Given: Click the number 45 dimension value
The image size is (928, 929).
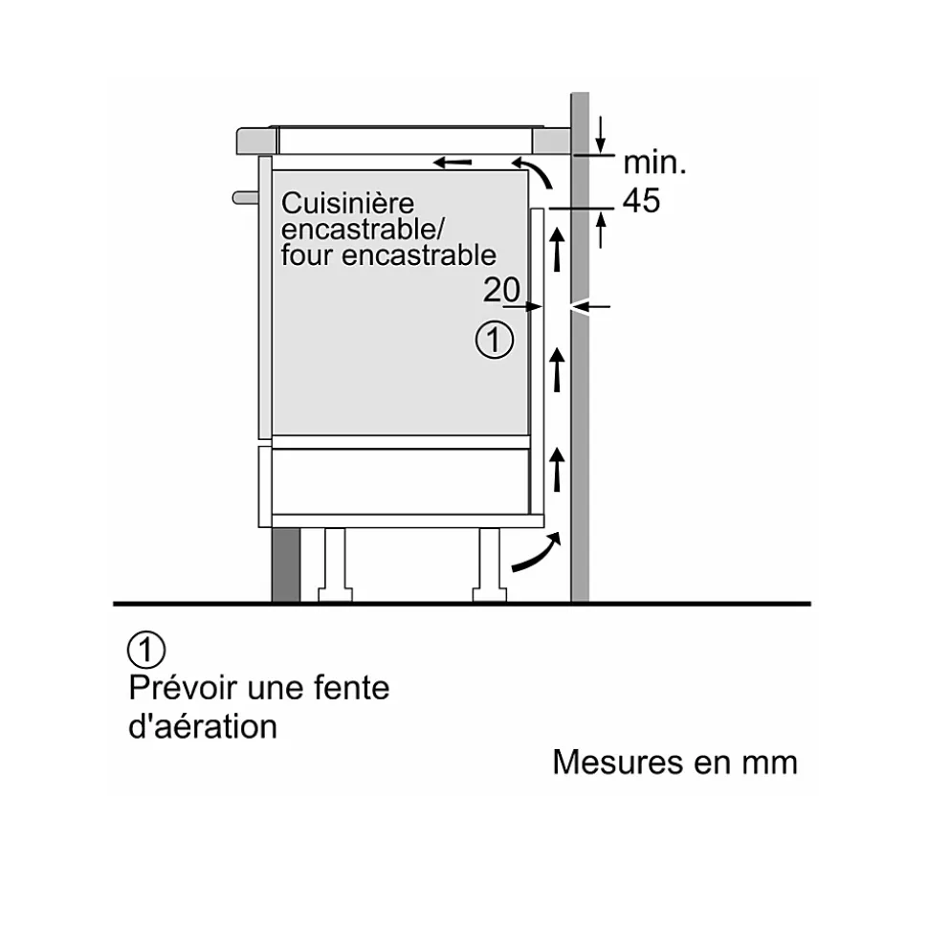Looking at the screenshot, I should coord(641,201).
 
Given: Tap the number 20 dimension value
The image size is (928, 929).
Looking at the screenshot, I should coord(501,290).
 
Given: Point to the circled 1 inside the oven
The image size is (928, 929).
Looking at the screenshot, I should coord(494,341).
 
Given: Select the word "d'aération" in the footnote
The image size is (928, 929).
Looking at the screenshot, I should coord(203,726).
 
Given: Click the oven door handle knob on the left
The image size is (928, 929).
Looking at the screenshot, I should coord(244,198).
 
